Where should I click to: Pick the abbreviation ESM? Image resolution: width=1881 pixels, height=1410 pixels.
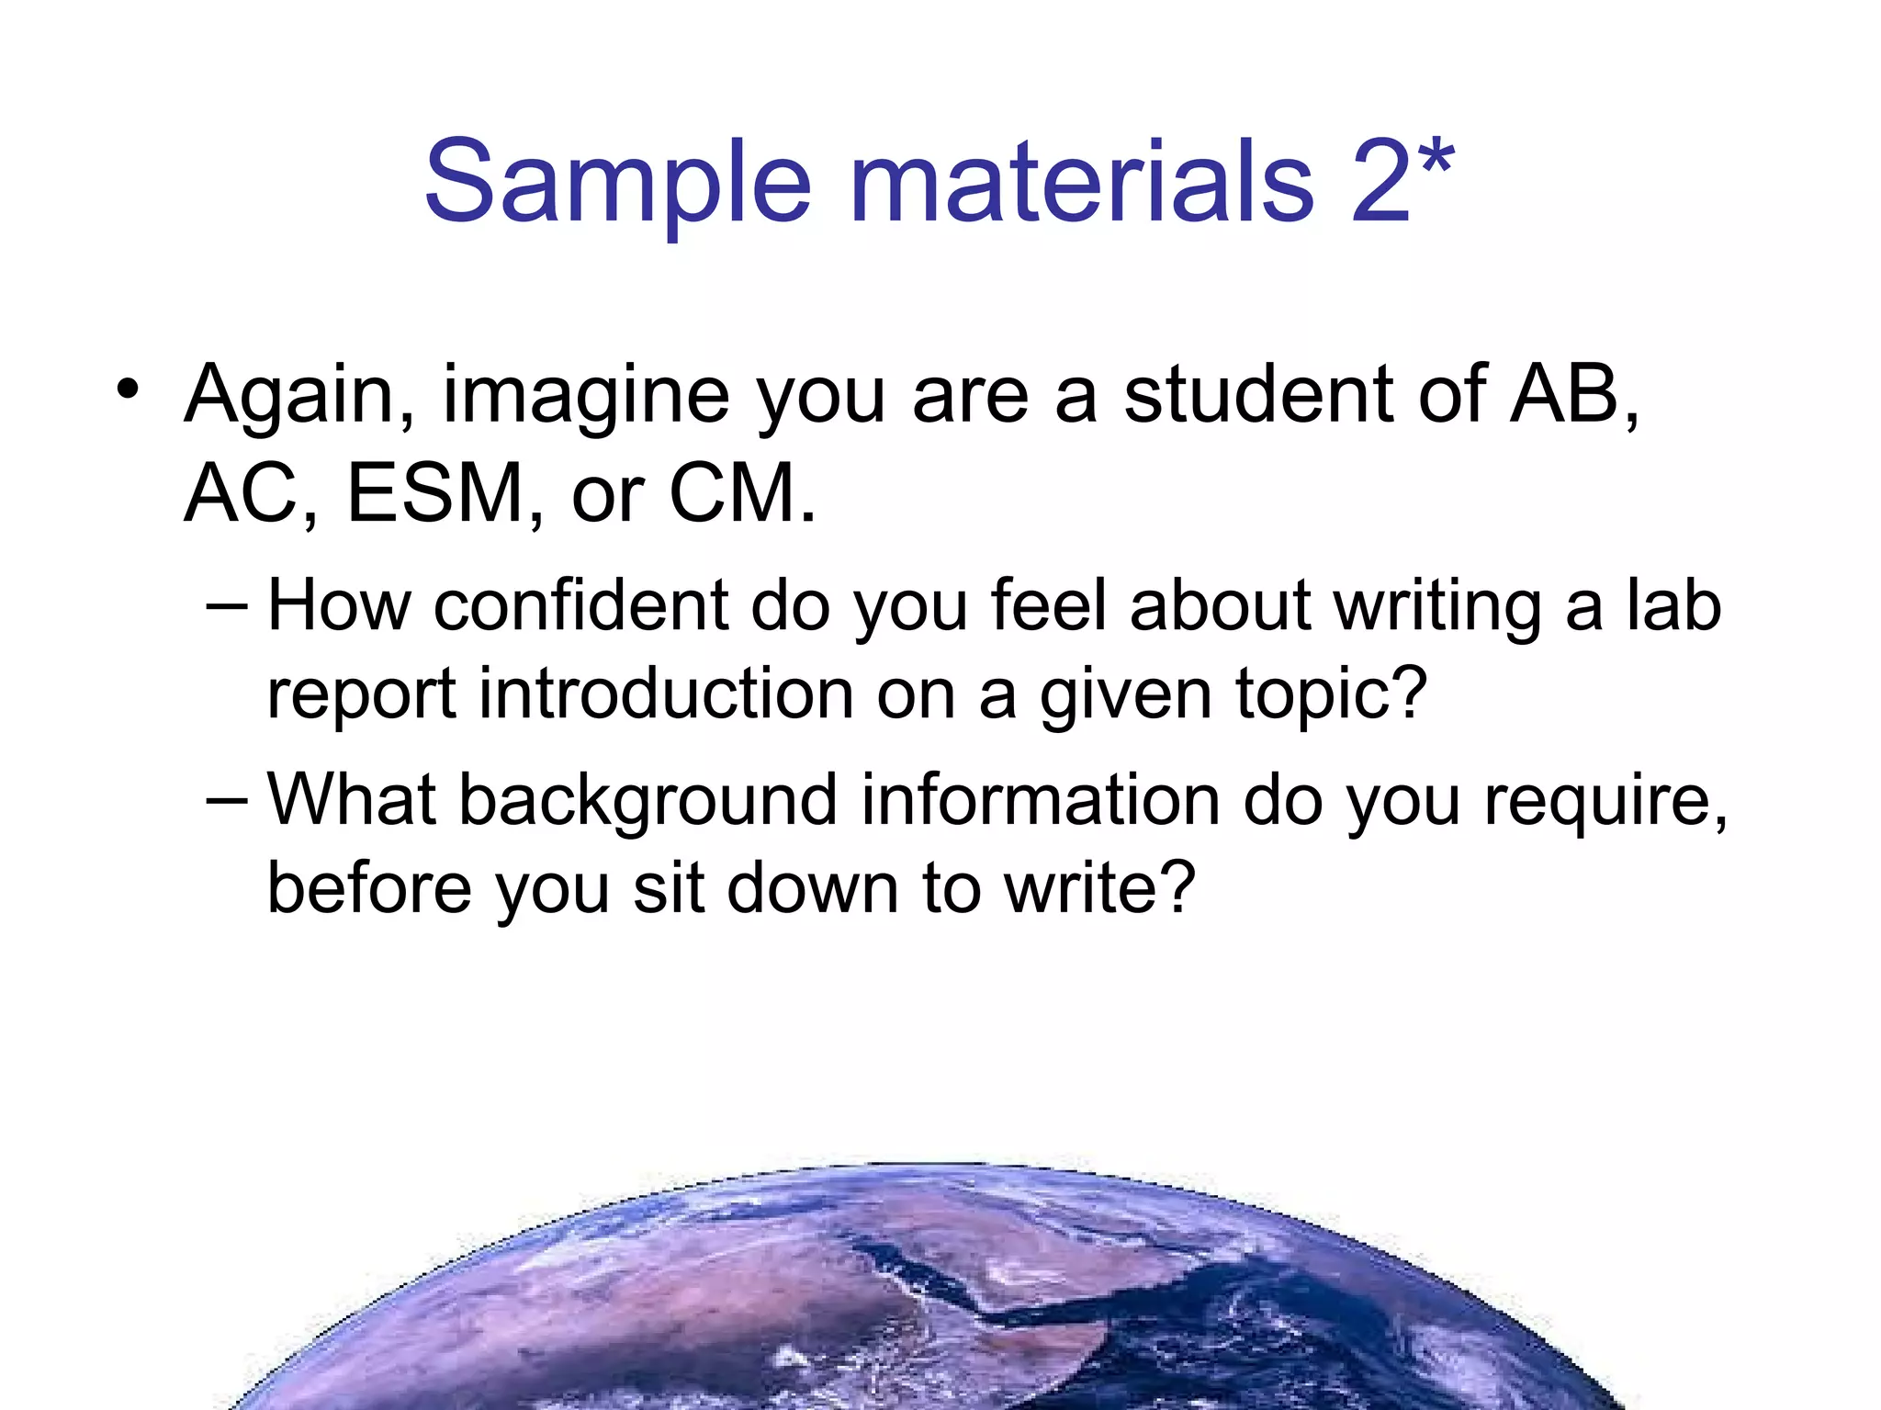(434, 493)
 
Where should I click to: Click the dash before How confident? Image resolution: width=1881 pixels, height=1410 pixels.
(227, 607)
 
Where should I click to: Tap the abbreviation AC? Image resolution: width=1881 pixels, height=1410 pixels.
(242, 493)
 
